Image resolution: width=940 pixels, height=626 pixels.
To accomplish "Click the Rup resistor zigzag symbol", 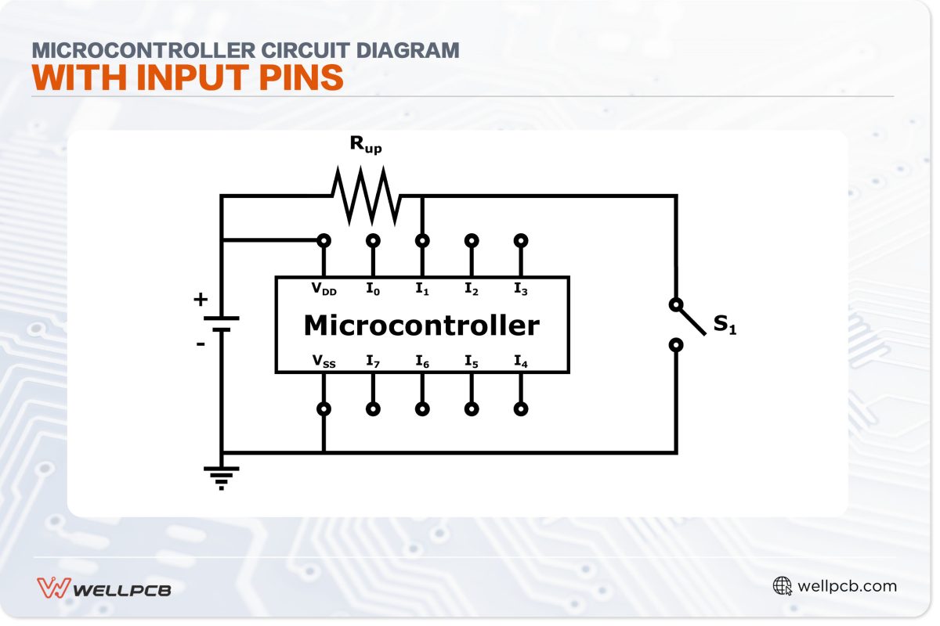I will coord(366,196).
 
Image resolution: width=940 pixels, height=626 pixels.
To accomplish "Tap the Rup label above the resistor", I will coord(366,145).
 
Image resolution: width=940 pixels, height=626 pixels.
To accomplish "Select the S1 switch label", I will coord(725,326).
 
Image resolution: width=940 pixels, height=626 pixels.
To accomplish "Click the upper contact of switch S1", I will coord(675,304).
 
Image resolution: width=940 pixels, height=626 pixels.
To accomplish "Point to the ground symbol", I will coord(222,476).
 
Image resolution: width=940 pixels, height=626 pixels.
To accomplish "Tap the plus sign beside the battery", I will coord(201,299).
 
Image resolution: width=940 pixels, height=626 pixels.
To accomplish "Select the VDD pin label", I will coord(324,290).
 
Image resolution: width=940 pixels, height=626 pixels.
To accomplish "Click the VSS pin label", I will coord(324,361).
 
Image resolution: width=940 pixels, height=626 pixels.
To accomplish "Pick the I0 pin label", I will coord(373,290).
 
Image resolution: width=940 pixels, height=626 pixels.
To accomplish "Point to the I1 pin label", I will coord(422,290).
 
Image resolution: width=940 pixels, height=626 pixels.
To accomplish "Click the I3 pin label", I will coord(521,290).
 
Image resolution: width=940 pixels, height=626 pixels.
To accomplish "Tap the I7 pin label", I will coord(373,361).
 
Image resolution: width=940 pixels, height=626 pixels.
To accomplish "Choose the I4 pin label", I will coord(521,361).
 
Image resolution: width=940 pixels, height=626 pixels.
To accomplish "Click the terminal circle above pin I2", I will coord(472,240).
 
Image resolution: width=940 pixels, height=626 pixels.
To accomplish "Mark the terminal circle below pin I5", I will coord(472,408).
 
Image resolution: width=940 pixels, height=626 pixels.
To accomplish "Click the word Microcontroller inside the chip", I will coord(421,325).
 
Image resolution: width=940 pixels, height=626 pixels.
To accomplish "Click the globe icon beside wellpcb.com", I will coord(782,586).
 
